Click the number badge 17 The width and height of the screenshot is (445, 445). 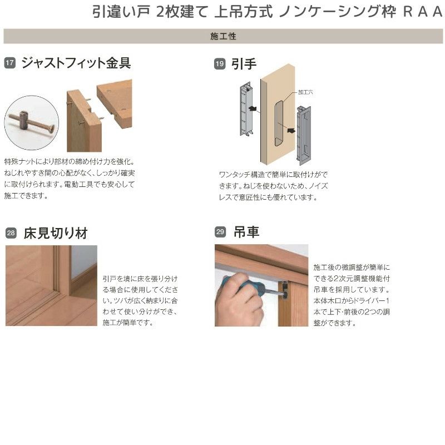(x=9, y=64)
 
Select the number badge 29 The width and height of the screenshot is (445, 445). (x=220, y=233)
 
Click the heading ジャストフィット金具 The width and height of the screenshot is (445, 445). (x=76, y=63)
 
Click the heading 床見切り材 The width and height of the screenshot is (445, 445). (x=56, y=233)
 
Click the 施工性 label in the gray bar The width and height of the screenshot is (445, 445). (x=224, y=37)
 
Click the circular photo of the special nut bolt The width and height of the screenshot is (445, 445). (x=31, y=122)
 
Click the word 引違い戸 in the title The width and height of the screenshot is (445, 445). (x=120, y=12)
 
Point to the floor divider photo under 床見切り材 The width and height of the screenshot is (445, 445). (x=51, y=285)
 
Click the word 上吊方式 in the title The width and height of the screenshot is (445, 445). (x=243, y=12)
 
